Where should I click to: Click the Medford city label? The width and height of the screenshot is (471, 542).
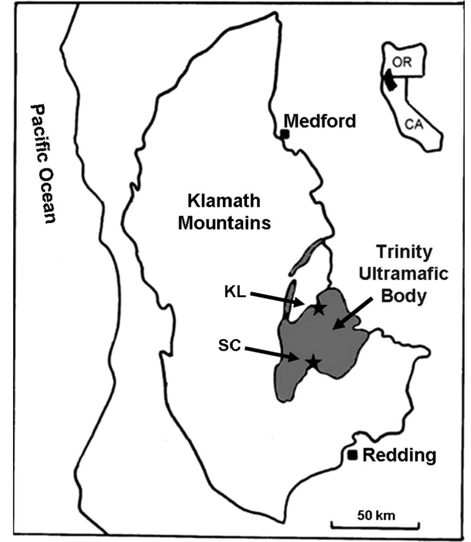pyautogui.click(x=320, y=121)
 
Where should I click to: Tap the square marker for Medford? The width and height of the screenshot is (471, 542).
pyautogui.click(x=284, y=134)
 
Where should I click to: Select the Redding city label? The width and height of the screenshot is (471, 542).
pyautogui.click(x=399, y=455)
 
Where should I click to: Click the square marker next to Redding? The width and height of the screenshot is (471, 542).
pyautogui.click(x=353, y=455)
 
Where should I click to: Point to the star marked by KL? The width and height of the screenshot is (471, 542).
pyautogui.click(x=319, y=308)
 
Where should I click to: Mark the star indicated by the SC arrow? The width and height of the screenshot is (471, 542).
pyautogui.click(x=313, y=361)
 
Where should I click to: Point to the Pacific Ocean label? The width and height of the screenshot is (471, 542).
pyautogui.click(x=44, y=164)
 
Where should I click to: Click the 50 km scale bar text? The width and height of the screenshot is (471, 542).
pyautogui.click(x=376, y=515)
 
